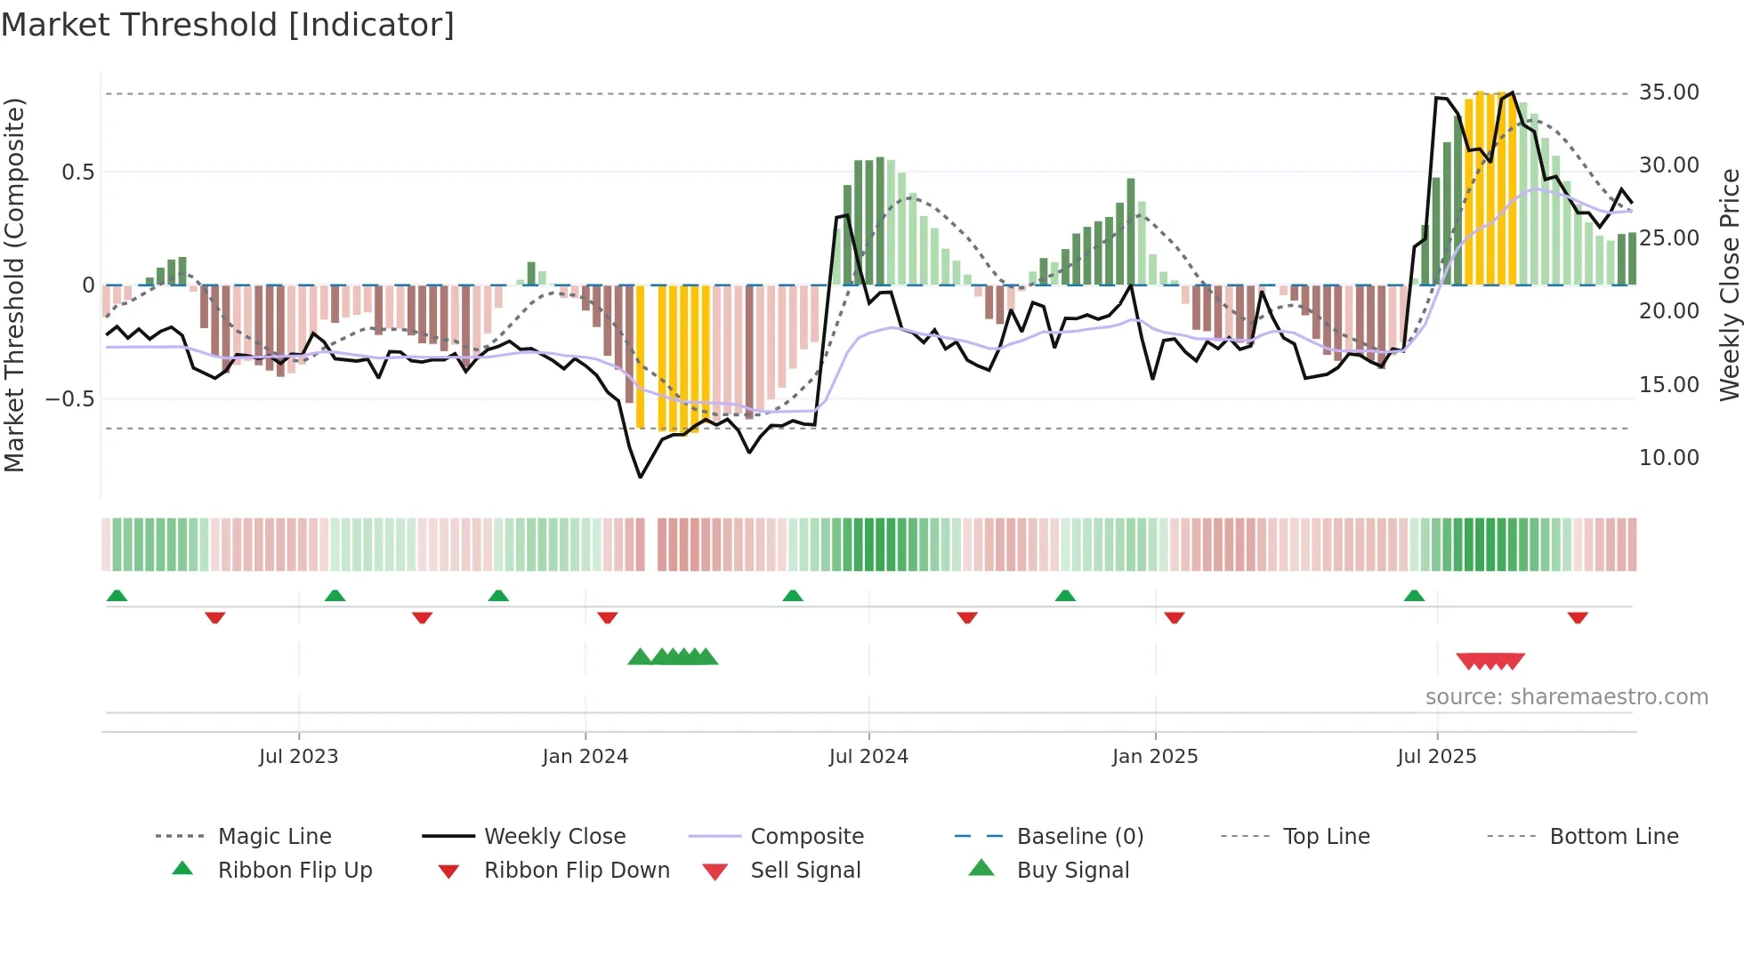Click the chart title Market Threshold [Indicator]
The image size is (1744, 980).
click(228, 25)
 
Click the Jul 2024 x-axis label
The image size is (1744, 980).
click(868, 757)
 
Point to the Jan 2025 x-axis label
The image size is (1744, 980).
click(1155, 757)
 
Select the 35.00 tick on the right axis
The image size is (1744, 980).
click(1668, 92)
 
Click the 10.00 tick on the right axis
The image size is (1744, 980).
click(1668, 458)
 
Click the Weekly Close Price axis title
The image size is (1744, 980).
click(1729, 285)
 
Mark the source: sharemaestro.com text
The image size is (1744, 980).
click(1566, 697)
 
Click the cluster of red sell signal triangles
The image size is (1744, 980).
click(1490, 661)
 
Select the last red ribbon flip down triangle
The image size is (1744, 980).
click(1578, 617)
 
